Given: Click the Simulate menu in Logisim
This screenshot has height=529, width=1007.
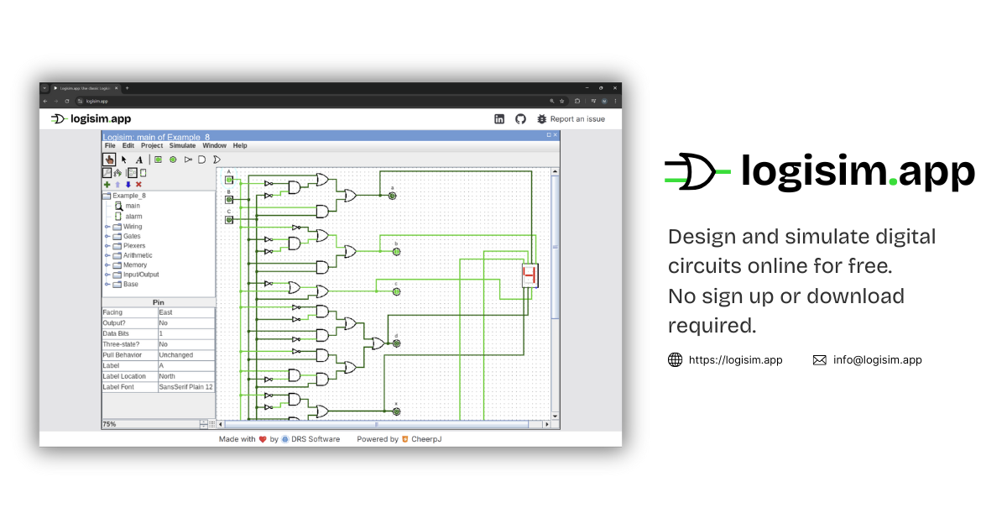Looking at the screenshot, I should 183,146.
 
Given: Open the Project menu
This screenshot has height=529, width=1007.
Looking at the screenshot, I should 152,146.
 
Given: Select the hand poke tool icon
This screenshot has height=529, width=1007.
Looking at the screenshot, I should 109,160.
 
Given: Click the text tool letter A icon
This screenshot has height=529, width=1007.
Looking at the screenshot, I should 139,160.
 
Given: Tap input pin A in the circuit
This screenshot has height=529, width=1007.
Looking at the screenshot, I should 229,179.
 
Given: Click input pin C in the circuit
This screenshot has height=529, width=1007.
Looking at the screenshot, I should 229,219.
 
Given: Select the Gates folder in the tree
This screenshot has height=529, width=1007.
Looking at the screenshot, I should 132,236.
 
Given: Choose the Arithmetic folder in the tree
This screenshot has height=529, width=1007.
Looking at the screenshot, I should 138,255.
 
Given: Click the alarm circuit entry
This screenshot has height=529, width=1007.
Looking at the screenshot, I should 133,217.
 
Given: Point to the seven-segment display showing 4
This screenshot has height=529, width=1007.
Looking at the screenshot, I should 530,275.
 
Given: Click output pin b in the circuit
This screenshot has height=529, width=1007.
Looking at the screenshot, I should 396,251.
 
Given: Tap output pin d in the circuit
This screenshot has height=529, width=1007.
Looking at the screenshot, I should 396,343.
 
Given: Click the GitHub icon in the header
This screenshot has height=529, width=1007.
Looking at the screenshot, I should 520,119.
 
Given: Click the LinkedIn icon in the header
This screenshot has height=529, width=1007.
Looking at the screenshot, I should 499,119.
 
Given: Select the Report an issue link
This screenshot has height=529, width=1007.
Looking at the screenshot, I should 577,119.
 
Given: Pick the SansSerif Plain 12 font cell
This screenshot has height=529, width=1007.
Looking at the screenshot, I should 185,387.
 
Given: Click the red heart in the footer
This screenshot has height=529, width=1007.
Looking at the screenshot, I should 263,439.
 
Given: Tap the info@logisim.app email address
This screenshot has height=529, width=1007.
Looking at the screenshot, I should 877,360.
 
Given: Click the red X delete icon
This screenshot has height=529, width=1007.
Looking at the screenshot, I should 139,185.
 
